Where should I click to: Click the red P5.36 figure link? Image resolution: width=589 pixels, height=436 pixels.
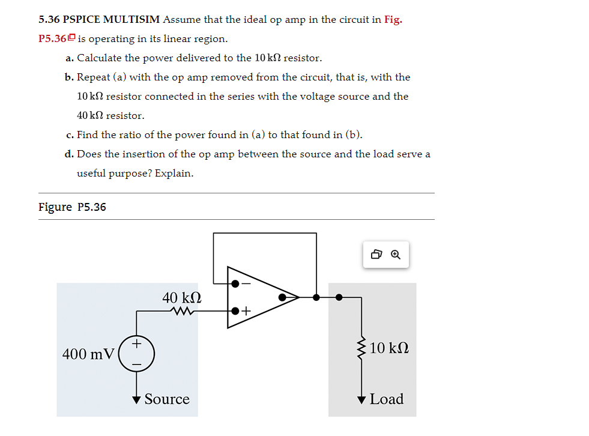tap(53, 39)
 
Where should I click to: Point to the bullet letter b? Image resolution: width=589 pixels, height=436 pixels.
tap(69, 77)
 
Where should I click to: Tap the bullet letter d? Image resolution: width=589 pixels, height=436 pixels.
tap(69, 154)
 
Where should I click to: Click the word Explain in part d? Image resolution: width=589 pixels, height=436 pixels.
tap(174, 174)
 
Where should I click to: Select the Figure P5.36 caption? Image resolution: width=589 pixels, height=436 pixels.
tap(72, 207)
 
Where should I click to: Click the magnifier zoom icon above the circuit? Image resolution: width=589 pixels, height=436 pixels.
tap(395, 255)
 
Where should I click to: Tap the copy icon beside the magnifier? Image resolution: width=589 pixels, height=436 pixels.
tap(376, 255)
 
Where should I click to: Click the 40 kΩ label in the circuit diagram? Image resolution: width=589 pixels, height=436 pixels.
tap(181, 297)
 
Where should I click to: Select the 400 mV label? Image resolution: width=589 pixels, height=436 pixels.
tap(88, 354)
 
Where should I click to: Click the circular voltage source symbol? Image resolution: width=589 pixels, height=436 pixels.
tap(137, 354)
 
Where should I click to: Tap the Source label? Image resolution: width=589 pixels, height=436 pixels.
tap(167, 399)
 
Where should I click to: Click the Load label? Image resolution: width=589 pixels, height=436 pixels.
tap(386, 399)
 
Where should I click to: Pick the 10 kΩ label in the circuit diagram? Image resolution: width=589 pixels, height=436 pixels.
tap(390, 348)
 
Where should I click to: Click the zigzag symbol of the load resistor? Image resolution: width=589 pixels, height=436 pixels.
tap(361, 348)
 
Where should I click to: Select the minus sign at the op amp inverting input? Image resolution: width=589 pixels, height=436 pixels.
tap(245, 283)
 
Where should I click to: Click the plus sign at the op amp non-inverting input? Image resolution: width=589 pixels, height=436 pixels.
tap(246, 311)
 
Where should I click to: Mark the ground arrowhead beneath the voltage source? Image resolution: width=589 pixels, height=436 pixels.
tap(137, 399)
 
